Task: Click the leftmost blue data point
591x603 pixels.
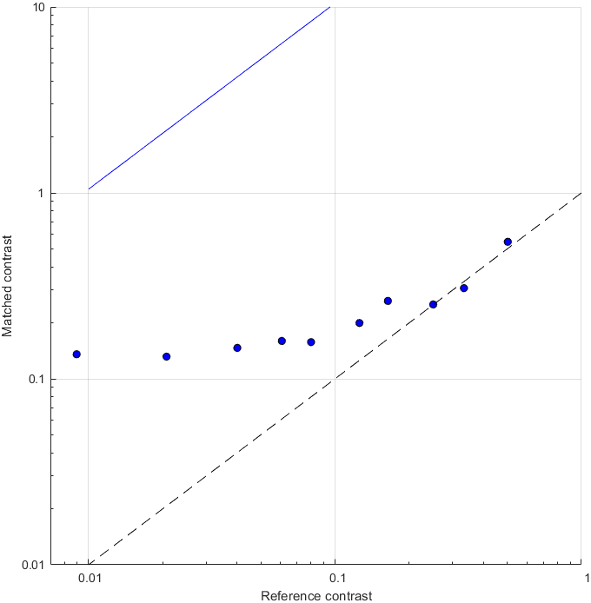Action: (x=76, y=355)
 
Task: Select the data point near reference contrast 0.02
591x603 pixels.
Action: (x=167, y=356)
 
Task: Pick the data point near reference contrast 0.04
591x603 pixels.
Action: (x=237, y=348)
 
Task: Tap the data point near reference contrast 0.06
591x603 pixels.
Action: (x=282, y=341)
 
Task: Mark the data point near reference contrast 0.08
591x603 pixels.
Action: (x=311, y=342)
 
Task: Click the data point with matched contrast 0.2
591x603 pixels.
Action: (x=359, y=323)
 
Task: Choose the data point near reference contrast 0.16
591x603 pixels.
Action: (x=388, y=301)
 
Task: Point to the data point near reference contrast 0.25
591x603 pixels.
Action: (x=433, y=304)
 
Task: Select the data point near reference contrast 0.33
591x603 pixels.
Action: (x=464, y=288)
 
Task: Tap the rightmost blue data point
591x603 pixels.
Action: (x=508, y=242)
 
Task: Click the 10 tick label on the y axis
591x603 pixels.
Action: (x=38, y=8)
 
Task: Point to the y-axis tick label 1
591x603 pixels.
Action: (x=42, y=193)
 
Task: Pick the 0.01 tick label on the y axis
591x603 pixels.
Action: (x=32, y=565)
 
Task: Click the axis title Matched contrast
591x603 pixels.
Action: (x=8, y=286)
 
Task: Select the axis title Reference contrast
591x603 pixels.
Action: (x=316, y=595)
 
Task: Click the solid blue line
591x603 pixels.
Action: (x=209, y=98)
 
